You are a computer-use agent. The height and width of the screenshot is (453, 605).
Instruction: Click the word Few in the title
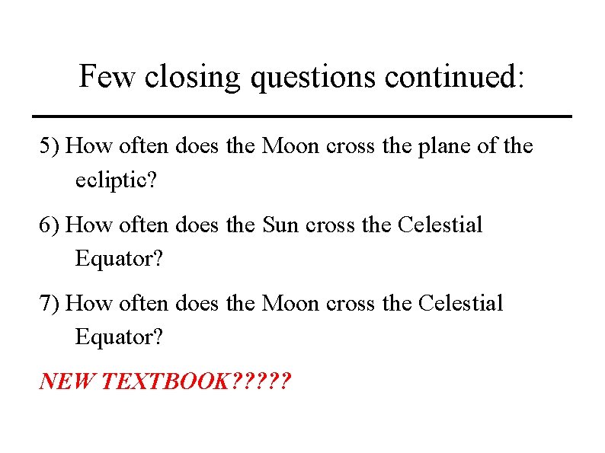(x=108, y=77)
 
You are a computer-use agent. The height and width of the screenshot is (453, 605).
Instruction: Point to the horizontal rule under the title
(x=302, y=116)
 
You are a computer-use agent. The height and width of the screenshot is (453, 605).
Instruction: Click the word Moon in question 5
(x=290, y=146)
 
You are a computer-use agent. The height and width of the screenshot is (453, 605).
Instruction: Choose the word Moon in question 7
(x=290, y=304)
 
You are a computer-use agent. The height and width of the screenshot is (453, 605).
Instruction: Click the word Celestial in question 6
(x=440, y=225)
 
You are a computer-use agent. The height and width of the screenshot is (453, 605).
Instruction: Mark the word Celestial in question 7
(x=460, y=304)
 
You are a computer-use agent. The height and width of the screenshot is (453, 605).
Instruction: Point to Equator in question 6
(x=118, y=259)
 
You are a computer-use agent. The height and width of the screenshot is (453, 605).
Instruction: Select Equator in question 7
(x=118, y=337)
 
